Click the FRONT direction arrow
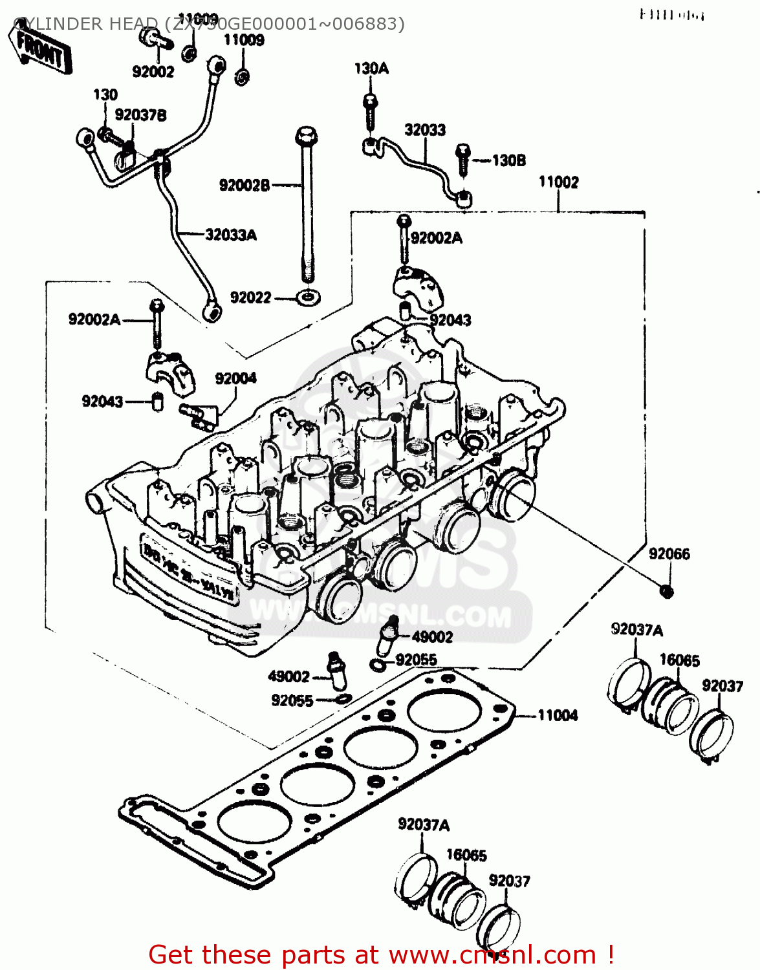[40, 50]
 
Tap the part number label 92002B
[244, 186]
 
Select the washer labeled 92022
[308, 298]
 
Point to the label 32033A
[230, 234]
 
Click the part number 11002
[558, 182]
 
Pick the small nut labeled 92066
[666, 590]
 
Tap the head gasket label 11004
[558, 715]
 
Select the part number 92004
[235, 378]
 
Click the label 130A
[371, 69]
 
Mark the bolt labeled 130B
[463, 159]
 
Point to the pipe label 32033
[425, 130]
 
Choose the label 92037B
[140, 115]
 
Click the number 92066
[669, 554]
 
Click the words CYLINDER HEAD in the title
[84, 24]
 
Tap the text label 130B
[508, 160]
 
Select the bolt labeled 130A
[369, 110]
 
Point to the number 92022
[250, 298]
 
